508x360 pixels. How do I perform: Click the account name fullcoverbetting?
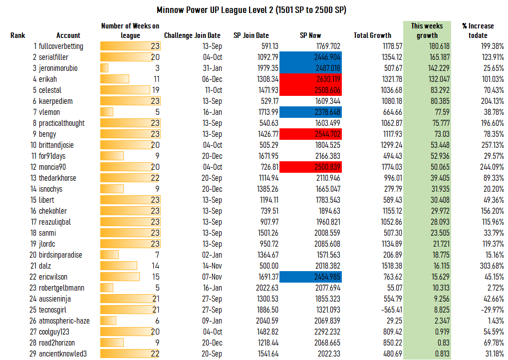click(61, 46)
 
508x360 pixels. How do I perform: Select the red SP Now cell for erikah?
click(310, 79)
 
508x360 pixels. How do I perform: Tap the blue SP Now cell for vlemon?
click(310, 112)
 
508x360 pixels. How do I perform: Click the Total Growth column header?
click(372, 35)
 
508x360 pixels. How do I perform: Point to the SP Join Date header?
click(251, 35)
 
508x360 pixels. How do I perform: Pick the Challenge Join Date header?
click(192, 35)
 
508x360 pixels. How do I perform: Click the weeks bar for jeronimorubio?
click(104, 68)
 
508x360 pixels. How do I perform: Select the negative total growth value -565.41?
click(392, 310)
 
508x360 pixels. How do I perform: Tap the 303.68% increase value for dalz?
click(492, 266)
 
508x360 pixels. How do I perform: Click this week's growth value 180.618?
click(439, 46)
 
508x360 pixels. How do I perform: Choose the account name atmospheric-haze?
click(64, 321)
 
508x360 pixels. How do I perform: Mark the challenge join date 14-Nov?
click(212, 266)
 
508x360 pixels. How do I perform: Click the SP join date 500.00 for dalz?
click(268, 266)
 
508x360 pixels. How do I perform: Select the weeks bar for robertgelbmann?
click(107, 288)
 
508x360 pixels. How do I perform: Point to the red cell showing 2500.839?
click(310, 167)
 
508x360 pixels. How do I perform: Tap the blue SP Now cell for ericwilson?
click(310, 277)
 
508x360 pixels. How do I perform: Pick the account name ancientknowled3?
click(63, 354)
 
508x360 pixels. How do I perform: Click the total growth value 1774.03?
click(392, 167)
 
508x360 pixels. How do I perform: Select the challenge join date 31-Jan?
click(213, 68)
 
